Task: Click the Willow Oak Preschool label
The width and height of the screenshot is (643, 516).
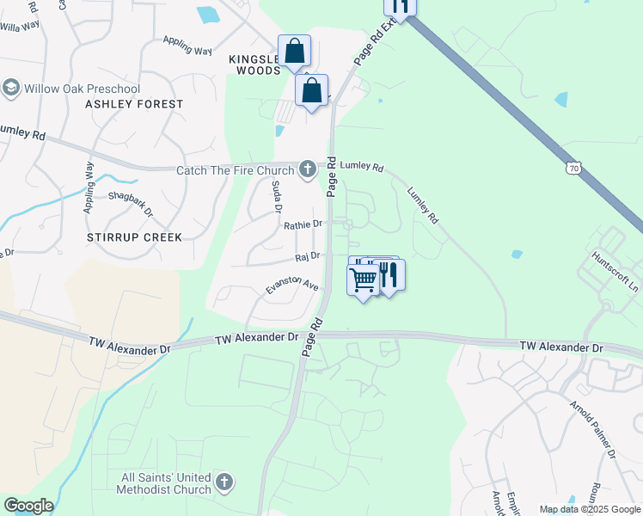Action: click(x=82, y=89)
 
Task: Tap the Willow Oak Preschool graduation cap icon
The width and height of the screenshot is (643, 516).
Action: click(x=11, y=88)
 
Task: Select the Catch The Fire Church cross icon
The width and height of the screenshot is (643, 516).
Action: click(x=308, y=169)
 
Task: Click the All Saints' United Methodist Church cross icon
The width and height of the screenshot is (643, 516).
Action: click(x=224, y=482)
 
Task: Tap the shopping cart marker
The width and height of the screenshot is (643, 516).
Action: click(x=363, y=279)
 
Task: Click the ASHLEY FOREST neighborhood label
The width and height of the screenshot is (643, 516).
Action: click(x=134, y=104)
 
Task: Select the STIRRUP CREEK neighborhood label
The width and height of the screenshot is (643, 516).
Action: click(x=134, y=236)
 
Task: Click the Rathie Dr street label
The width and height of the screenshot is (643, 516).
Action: click(x=303, y=224)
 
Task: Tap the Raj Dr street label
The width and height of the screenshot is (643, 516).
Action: click(x=307, y=255)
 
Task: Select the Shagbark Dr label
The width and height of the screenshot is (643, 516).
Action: click(x=130, y=205)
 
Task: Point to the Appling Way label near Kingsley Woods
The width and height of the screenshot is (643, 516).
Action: click(x=187, y=46)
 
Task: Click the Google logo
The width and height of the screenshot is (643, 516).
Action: click(x=28, y=506)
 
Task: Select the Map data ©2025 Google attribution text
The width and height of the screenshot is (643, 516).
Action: click(x=590, y=509)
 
